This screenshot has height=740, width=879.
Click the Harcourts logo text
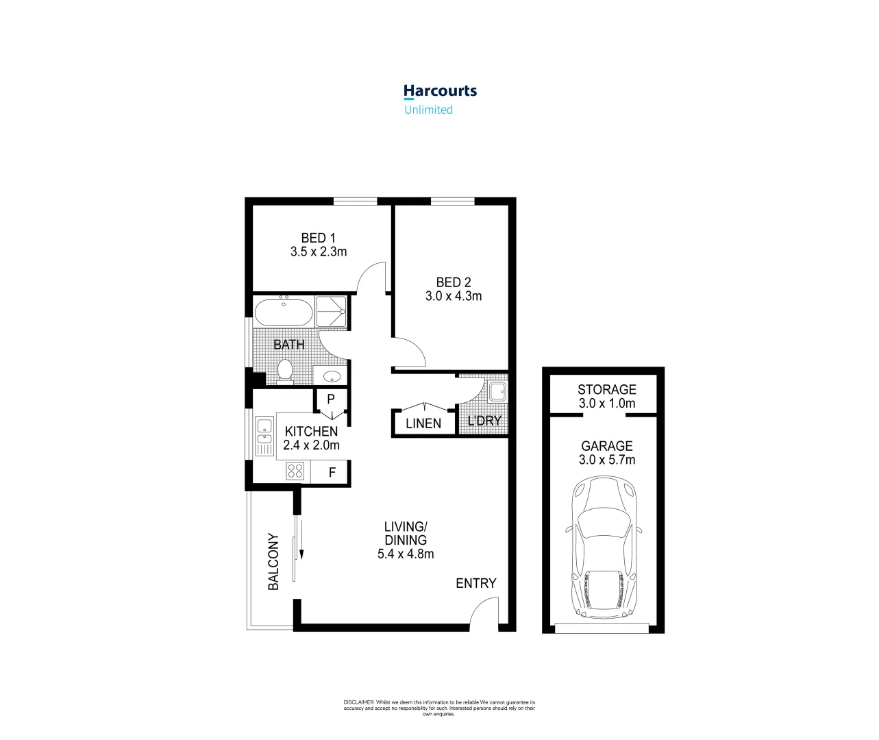click(x=440, y=91)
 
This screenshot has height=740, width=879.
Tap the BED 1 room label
click(x=319, y=238)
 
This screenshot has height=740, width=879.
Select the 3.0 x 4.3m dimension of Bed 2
click(x=454, y=296)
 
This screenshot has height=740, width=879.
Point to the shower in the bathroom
click(x=331, y=312)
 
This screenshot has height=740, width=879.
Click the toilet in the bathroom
click(x=285, y=371)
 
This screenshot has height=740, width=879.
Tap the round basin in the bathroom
click(x=332, y=376)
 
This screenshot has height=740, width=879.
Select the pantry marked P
click(x=331, y=399)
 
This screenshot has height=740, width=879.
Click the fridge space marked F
click(x=332, y=472)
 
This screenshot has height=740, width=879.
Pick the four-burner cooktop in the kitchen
click(x=295, y=471)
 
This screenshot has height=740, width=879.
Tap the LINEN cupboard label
click(x=423, y=423)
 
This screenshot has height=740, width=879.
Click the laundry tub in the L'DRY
click(x=497, y=391)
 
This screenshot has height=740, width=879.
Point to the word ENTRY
click(x=476, y=583)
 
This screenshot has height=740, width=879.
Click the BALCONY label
click(x=273, y=562)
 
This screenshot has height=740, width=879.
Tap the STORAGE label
click(x=606, y=389)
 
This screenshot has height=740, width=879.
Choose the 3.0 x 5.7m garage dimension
click(x=606, y=460)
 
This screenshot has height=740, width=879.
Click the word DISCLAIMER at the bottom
click(x=358, y=702)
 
